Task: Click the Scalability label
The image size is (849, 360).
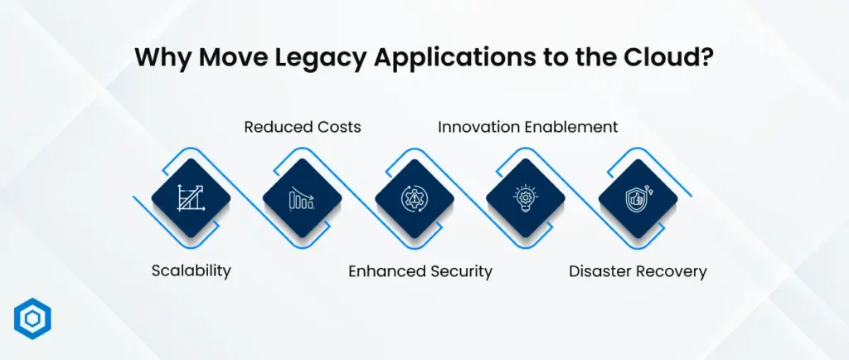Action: pyautogui.click(x=191, y=271)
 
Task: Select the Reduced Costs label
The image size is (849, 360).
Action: pyautogui.click(x=303, y=127)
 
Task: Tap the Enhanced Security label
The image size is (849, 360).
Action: pyautogui.click(x=420, y=271)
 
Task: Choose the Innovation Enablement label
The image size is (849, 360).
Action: pyautogui.click(x=528, y=127)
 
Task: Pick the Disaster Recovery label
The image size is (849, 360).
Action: pyautogui.click(x=638, y=271)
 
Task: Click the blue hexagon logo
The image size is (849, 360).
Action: pyautogui.click(x=32, y=319)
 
